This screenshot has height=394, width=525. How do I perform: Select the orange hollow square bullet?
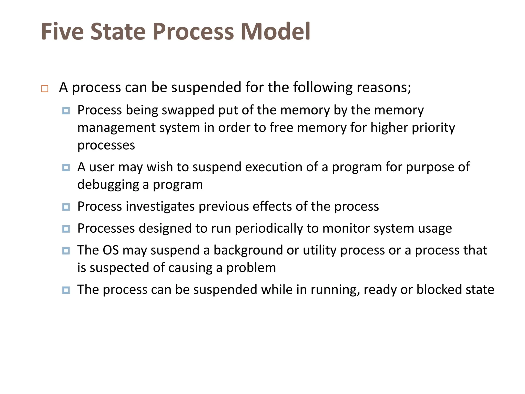(45, 89)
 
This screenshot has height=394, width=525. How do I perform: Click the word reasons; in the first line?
(384, 87)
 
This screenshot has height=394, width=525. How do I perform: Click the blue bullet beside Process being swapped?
(66, 111)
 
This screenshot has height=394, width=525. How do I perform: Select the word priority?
(433, 128)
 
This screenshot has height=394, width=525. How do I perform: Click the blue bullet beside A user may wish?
(66, 168)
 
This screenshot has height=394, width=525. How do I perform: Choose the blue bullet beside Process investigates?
(66, 207)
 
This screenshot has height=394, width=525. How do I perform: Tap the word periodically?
(269, 228)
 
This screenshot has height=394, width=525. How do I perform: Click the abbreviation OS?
(110, 250)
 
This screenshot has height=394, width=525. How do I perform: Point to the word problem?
(251, 268)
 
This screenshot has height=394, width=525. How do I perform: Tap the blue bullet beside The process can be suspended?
(66, 290)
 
